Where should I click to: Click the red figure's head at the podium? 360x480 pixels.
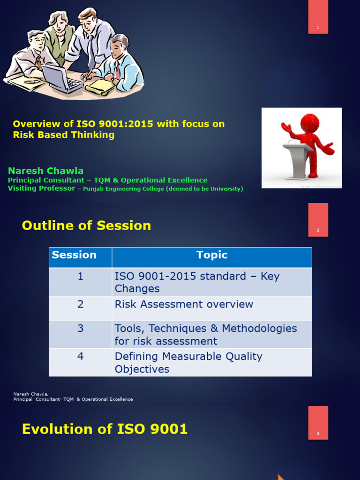(309, 123)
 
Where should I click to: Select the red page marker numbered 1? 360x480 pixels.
(318, 17)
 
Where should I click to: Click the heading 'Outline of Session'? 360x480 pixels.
(86, 225)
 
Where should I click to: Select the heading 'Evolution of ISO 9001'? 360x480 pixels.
(105, 429)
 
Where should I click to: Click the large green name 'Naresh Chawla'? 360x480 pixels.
(45, 171)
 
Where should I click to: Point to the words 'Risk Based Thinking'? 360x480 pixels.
(63, 135)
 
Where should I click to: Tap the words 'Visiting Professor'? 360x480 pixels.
(41, 188)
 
